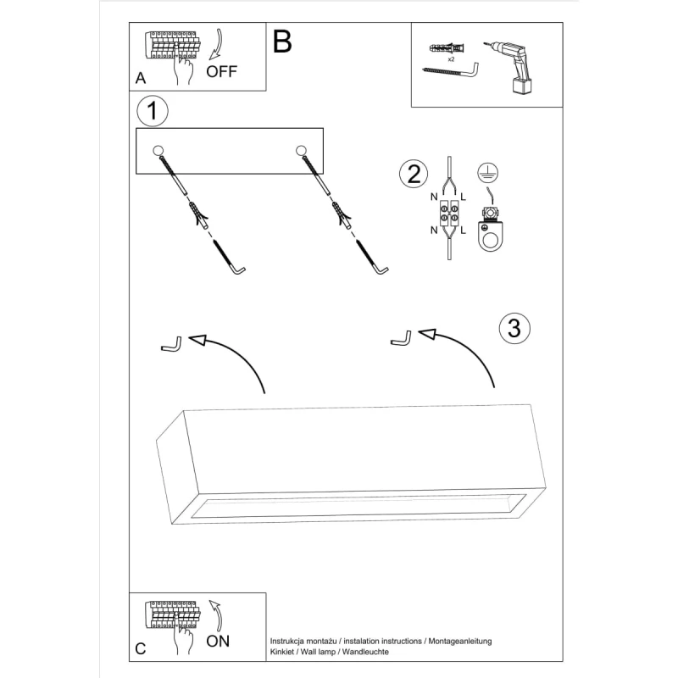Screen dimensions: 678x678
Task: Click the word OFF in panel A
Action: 222,71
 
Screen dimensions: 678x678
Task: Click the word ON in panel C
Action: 218,641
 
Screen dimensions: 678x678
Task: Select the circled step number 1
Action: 152,110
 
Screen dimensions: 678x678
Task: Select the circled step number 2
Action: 413,174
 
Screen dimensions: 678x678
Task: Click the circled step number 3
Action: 514,327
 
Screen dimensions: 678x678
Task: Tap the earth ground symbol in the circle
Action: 487,170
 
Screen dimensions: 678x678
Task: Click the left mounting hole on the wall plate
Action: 158,152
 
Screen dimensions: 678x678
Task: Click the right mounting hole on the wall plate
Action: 300,152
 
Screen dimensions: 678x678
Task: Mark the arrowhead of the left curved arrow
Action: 198,340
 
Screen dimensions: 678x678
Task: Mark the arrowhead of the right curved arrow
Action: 428,334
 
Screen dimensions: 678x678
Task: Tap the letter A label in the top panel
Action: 140,79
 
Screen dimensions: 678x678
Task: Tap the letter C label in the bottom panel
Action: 141,649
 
